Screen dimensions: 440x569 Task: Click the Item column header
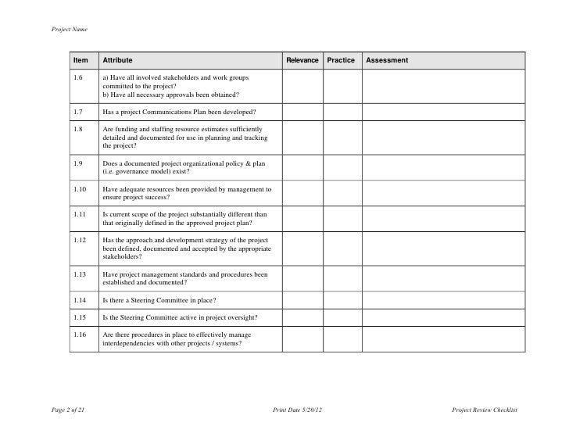pos(81,60)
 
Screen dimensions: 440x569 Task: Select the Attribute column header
pos(117,60)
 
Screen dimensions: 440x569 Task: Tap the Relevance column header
pos(302,60)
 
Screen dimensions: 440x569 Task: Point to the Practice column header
pos(340,60)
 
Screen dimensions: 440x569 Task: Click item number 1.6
pos(77,78)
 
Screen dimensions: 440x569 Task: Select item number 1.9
pos(77,164)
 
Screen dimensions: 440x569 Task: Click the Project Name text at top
pos(69,30)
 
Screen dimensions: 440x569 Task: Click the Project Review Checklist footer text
pos(485,411)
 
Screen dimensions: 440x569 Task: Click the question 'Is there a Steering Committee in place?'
pos(159,300)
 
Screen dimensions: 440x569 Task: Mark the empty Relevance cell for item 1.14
pos(302,300)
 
